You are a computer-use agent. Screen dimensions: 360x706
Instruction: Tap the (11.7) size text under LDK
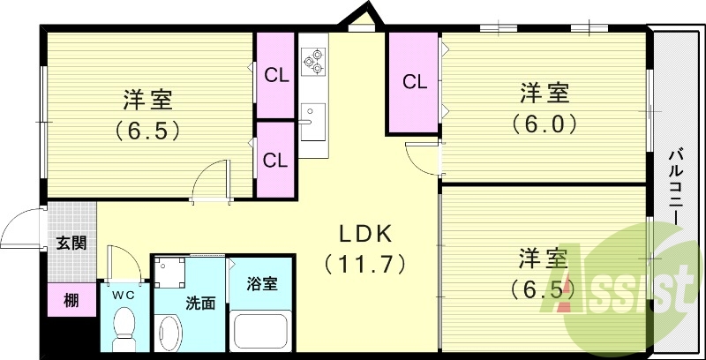click(363, 262)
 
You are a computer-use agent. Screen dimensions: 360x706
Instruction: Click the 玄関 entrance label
click(71, 243)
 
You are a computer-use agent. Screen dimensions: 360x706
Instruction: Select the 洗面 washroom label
click(200, 304)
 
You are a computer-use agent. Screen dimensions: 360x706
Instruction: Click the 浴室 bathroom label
click(262, 284)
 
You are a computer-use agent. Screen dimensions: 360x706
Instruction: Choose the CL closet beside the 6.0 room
click(415, 82)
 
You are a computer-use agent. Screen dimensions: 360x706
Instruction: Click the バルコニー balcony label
click(675, 189)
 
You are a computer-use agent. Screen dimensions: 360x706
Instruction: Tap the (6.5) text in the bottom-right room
click(539, 289)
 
